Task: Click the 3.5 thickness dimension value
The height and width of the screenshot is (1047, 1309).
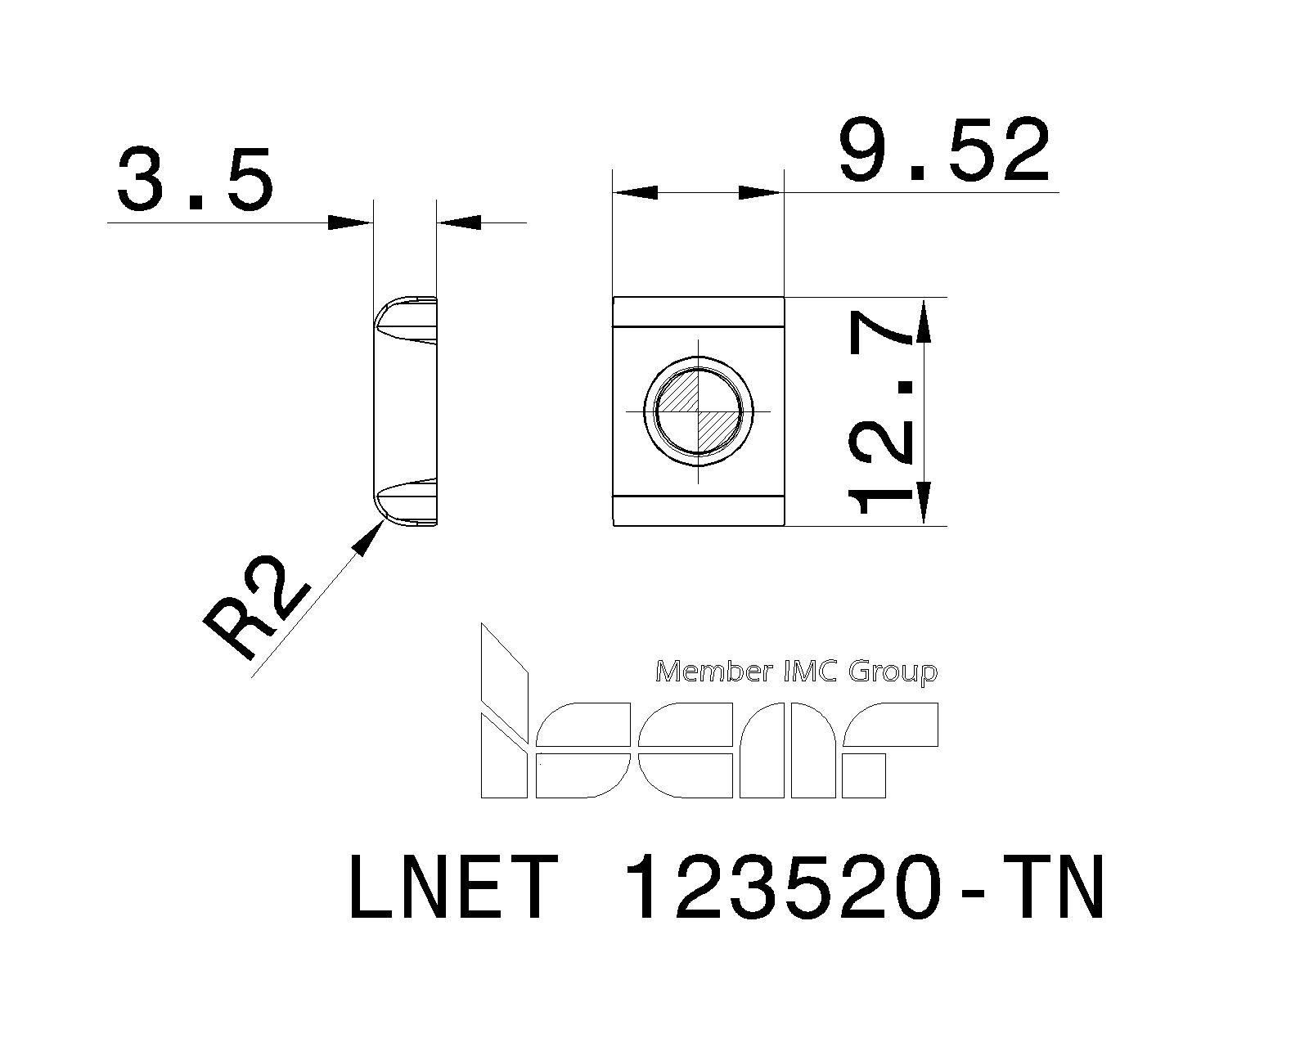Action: click(195, 177)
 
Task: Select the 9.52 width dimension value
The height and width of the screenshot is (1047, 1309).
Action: click(944, 151)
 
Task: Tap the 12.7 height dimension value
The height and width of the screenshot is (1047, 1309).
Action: click(882, 411)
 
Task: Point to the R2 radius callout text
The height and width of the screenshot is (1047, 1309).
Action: click(255, 607)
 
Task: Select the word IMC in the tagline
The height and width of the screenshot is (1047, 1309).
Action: click(812, 672)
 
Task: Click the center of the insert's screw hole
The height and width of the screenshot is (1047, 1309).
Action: click(698, 410)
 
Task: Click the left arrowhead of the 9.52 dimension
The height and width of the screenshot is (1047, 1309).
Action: click(635, 193)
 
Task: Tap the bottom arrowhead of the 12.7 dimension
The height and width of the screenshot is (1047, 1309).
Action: click(924, 502)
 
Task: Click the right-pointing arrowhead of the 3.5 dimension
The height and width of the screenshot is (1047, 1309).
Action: click(350, 222)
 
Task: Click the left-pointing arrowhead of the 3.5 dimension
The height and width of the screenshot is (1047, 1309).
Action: click(459, 222)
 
